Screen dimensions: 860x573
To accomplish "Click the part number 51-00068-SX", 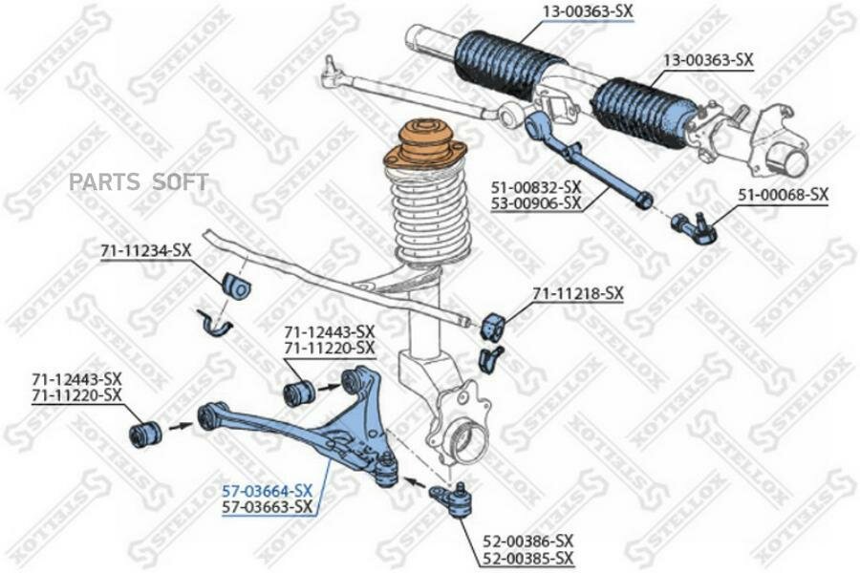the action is tap(782, 195).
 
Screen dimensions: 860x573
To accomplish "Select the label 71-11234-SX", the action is tap(145, 250).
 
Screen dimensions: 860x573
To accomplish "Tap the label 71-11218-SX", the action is tap(577, 293).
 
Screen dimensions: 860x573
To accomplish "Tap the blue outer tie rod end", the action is tap(695, 227).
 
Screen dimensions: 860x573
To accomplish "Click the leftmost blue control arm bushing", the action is tap(145, 435).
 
